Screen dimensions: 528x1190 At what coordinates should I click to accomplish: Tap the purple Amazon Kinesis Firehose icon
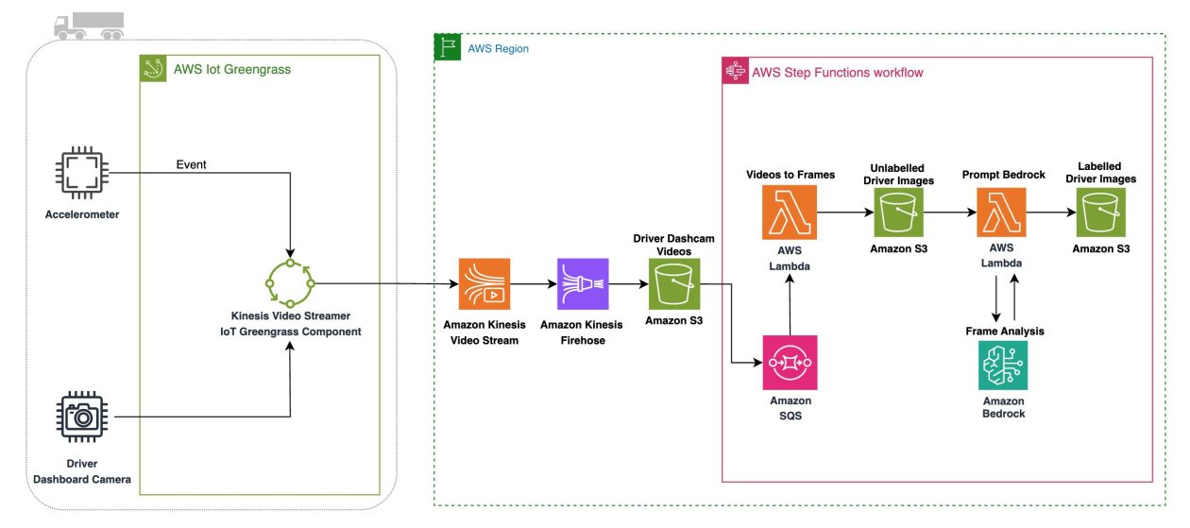[583, 284]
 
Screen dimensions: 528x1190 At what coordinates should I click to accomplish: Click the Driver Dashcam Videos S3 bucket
[673, 284]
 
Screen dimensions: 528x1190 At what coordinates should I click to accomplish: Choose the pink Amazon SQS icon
[790, 363]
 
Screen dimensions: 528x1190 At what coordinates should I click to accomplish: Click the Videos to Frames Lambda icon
[790, 213]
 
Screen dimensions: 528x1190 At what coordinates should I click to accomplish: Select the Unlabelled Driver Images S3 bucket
[898, 213]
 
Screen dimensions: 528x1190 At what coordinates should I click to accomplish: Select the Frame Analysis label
[1004, 331]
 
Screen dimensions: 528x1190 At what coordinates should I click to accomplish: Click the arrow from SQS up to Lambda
[790, 307]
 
